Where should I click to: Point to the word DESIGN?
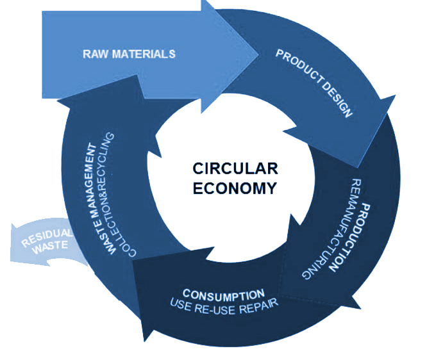click(340, 101)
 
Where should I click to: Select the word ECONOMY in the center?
click(235, 188)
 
